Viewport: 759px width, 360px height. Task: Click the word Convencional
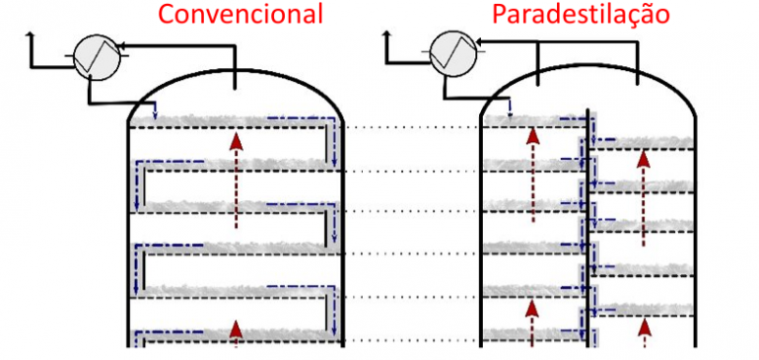pos(241,14)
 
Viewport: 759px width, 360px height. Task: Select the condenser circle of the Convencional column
pos(97,57)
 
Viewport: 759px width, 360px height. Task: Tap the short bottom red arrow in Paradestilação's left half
pos(532,324)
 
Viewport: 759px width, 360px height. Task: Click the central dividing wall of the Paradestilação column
pos(589,227)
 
